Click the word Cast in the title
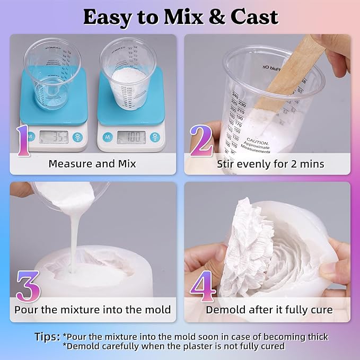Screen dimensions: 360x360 coord(252,17)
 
